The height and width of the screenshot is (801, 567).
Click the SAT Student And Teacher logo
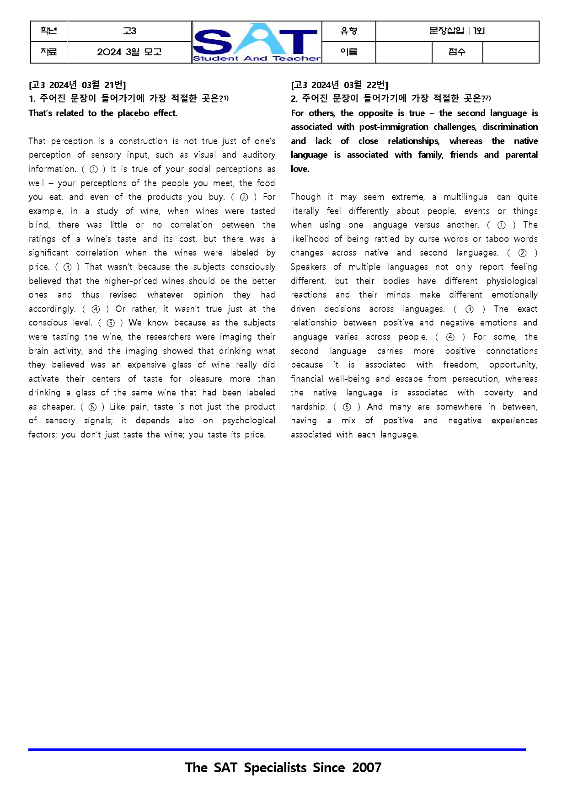pyautogui.click(x=257, y=42)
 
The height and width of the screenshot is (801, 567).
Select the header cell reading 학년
pyautogui.click(x=49, y=31)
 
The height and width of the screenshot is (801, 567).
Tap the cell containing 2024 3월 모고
pyautogui.click(x=129, y=52)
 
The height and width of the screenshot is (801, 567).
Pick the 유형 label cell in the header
pyautogui.click(x=348, y=31)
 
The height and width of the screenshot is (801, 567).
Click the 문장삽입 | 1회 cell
pyautogui.click(x=457, y=31)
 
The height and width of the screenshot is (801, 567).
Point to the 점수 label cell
pyautogui.click(x=457, y=52)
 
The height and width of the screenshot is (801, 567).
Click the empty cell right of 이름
pyautogui.click(x=403, y=52)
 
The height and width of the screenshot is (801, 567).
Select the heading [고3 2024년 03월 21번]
pyautogui.click(x=77, y=85)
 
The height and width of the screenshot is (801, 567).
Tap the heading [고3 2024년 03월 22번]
pyautogui.click(x=339, y=85)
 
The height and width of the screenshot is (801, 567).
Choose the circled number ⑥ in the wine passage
pyautogui.click(x=93, y=407)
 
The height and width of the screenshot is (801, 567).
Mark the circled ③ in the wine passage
pyautogui.click(x=68, y=267)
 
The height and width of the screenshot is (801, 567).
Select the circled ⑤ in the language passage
pyautogui.click(x=347, y=407)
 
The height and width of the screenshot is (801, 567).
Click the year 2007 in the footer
pyautogui.click(x=367, y=768)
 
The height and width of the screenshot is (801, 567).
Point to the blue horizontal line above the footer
pyautogui.click(x=277, y=749)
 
